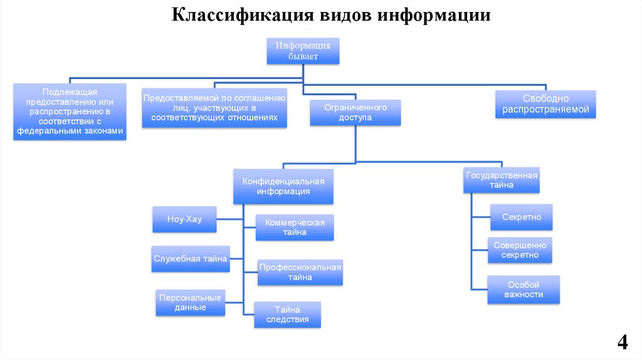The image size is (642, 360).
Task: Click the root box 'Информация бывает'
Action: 303,51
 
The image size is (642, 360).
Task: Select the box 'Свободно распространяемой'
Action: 545,104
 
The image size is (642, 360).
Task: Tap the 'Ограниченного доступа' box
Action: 355,113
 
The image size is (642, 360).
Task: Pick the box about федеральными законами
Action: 70,112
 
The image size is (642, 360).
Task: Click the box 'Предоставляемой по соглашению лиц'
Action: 214,108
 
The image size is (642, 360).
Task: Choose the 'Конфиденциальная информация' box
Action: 283,186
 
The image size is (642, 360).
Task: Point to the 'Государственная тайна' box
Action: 502,180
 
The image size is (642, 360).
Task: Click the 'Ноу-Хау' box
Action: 184,219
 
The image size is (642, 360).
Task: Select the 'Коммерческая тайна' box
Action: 295,227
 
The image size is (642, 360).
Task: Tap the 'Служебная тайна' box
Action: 191,258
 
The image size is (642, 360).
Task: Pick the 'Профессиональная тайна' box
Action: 300,272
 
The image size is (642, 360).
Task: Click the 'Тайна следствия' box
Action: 287,314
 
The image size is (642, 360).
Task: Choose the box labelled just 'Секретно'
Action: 521,217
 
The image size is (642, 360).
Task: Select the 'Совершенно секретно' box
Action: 520,250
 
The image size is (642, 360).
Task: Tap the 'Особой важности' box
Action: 524,289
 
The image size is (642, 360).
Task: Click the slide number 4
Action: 623,342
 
